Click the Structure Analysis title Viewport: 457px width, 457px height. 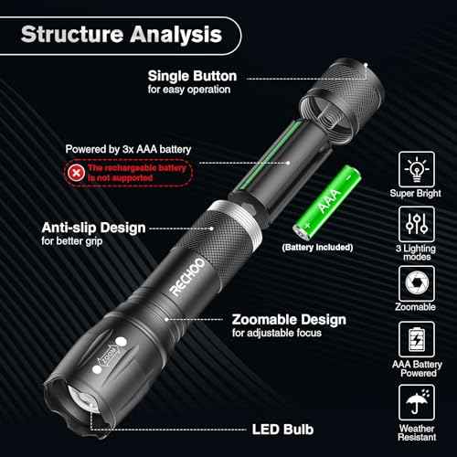click(121, 36)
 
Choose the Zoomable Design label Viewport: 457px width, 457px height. click(288, 320)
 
